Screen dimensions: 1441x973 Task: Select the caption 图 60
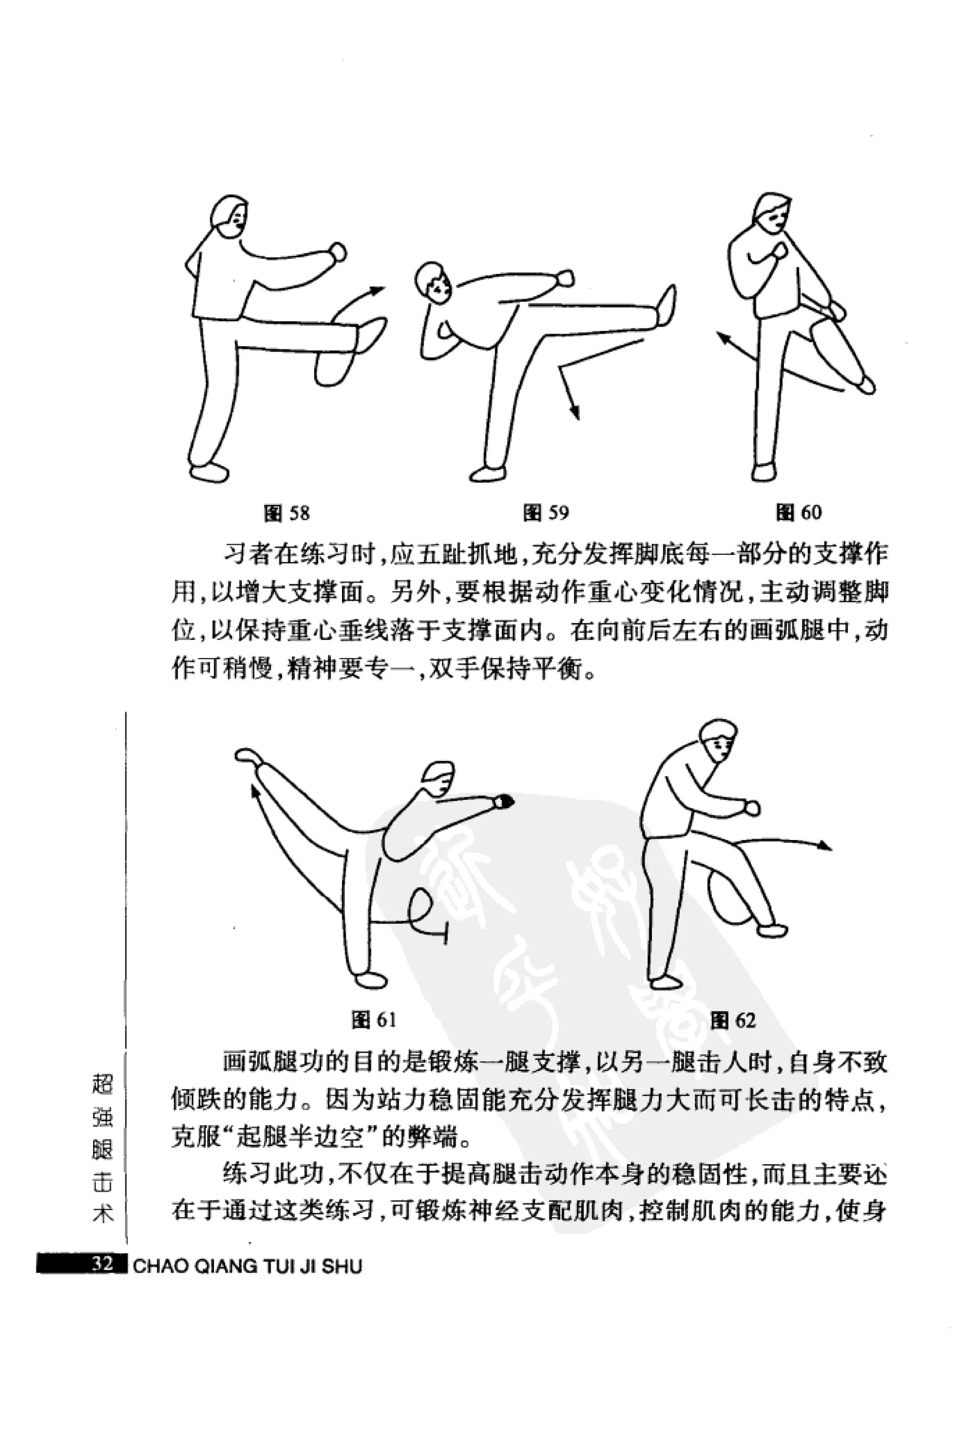[798, 512]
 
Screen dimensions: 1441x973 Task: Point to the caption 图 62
[733, 1019]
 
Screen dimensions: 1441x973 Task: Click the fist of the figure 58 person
[338, 251]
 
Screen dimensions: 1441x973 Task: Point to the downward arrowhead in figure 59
[575, 414]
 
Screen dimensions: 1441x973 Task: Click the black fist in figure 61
[503, 802]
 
